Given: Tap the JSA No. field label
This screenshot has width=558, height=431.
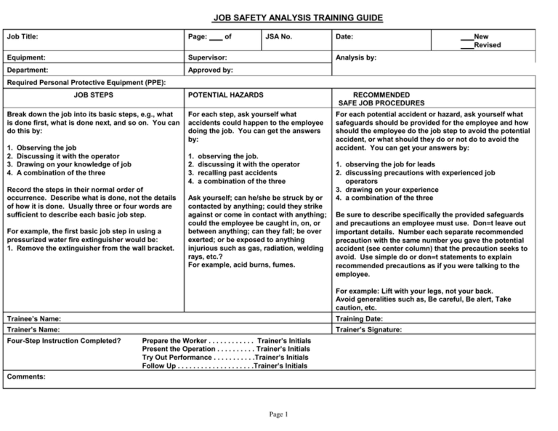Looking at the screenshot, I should tap(279, 36).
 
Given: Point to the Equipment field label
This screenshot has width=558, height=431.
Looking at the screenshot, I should tap(26, 57).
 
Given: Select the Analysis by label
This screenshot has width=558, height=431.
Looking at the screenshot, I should tap(355, 57).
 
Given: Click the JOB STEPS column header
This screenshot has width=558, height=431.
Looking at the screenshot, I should tap(94, 95).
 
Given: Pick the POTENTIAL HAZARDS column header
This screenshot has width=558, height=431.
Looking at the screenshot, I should tap(225, 95).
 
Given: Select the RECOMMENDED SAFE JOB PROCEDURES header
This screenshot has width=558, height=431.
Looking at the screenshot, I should tap(381, 100).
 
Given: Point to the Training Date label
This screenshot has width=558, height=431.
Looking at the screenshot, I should tap(360, 318).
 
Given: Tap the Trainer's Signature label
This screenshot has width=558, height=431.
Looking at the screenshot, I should tap(369, 329).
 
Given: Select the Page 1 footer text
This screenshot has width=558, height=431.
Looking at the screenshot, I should tap(279, 415).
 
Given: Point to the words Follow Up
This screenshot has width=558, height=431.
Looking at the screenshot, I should tap(159, 366).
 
